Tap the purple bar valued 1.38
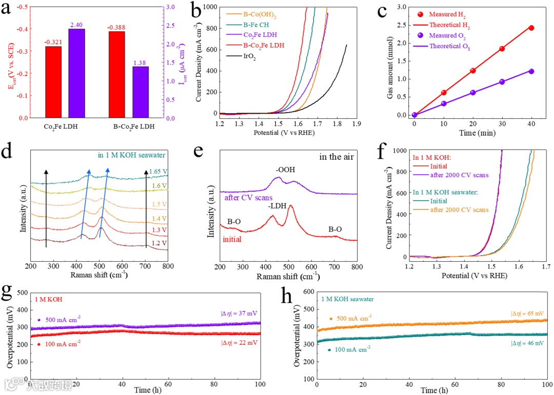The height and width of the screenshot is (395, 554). point(141,92)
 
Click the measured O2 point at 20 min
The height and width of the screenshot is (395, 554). point(472,93)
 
